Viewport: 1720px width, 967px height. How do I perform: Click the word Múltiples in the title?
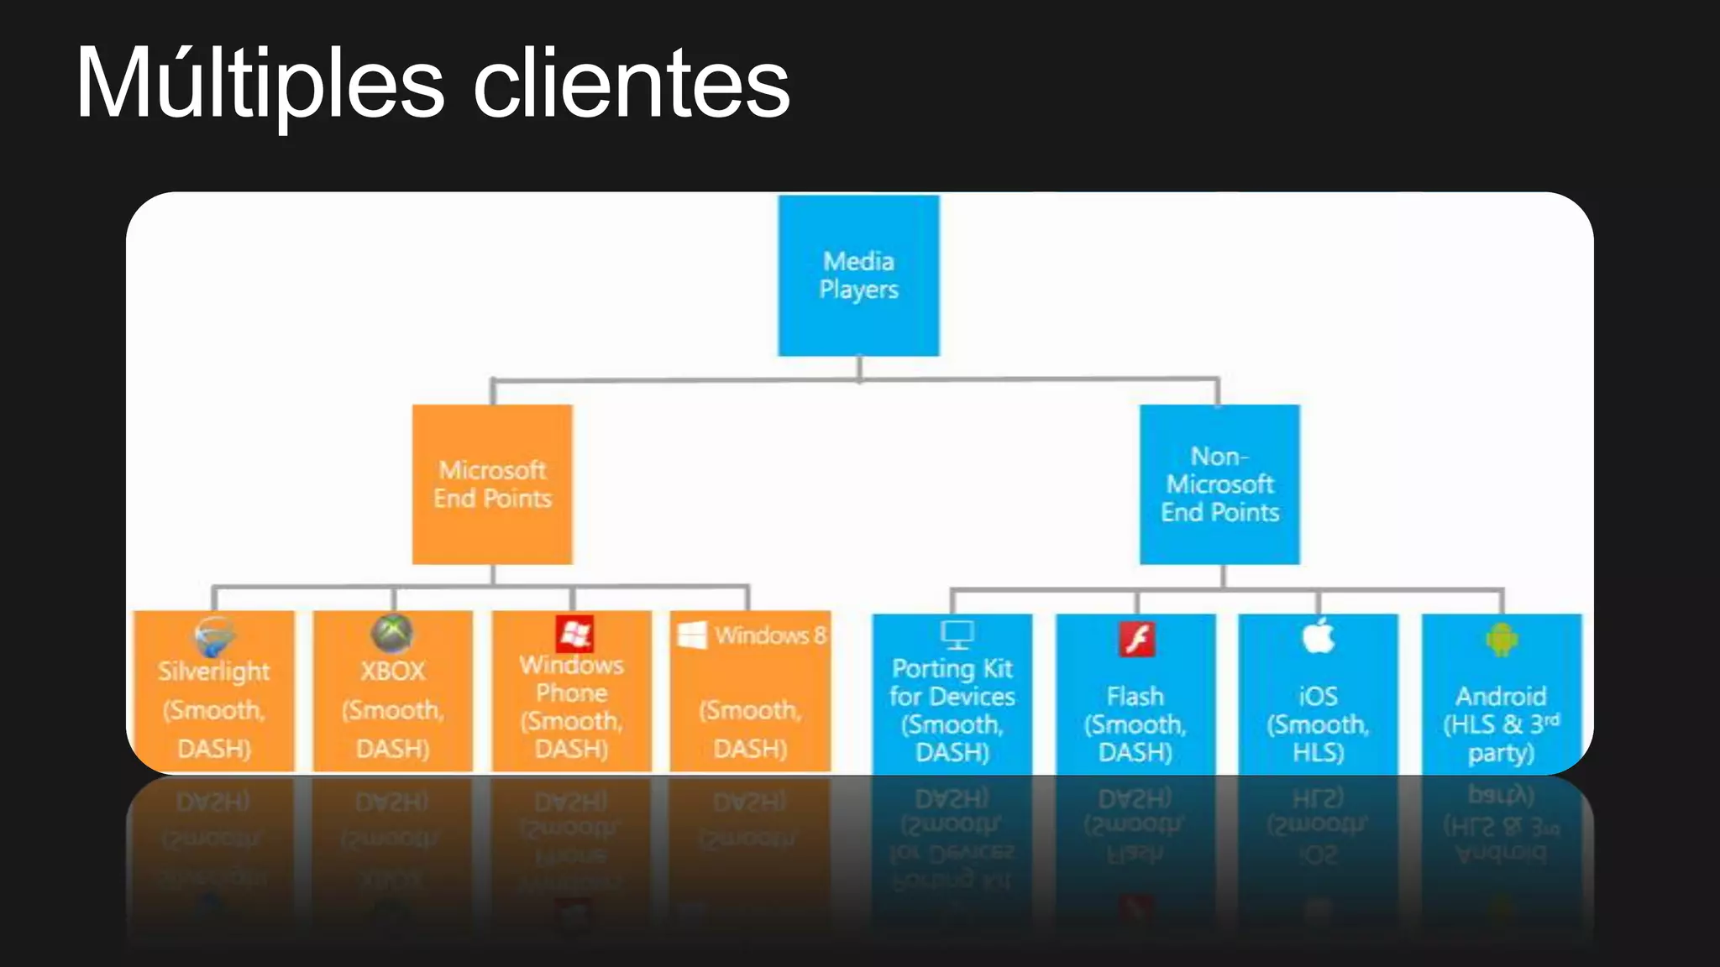click(x=260, y=84)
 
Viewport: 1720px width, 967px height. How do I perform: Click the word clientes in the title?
click(x=632, y=84)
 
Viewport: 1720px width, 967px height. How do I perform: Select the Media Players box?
click(x=858, y=275)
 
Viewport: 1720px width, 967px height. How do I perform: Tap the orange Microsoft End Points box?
click(x=493, y=484)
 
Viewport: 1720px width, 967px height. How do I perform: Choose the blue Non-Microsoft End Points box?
click(x=1219, y=484)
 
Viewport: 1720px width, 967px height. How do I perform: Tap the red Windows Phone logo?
click(x=574, y=634)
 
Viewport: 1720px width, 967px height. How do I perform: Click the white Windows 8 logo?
click(x=692, y=635)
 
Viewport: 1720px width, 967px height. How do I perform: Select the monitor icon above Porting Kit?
click(x=957, y=635)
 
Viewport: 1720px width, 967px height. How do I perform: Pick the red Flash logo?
click(x=1137, y=640)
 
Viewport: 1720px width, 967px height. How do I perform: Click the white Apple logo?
click(x=1319, y=635)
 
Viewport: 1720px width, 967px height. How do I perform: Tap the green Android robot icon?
click(x=1502, y=640)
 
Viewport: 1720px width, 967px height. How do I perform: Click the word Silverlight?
click(x=214, y=672)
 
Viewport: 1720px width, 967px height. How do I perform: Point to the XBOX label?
click(x=393, y=672)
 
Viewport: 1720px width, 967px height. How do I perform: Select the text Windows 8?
click(x=771, y=635)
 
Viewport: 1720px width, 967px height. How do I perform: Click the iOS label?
click(x=1319, y=696)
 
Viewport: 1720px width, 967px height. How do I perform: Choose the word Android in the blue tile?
click(x=1501, y=696)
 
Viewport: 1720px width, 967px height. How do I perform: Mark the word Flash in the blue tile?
click(x=1135, y=696)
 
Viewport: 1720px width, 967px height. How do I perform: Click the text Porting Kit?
click(x=952, y=668)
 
